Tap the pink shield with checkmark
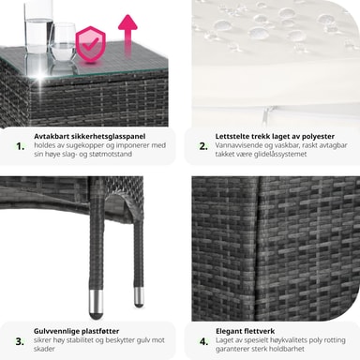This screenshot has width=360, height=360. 91,44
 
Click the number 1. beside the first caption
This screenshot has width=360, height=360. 21,146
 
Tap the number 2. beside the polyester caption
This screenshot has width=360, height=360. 203,146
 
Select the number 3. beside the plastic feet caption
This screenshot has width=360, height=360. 20,341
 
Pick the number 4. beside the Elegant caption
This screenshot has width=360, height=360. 203,341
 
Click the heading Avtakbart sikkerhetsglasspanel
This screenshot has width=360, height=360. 90,136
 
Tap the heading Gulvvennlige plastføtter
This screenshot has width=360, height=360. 77,331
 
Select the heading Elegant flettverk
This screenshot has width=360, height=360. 246,331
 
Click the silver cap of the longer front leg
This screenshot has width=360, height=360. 96,304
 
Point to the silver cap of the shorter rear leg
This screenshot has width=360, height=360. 139,297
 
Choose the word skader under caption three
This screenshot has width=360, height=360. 44,349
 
